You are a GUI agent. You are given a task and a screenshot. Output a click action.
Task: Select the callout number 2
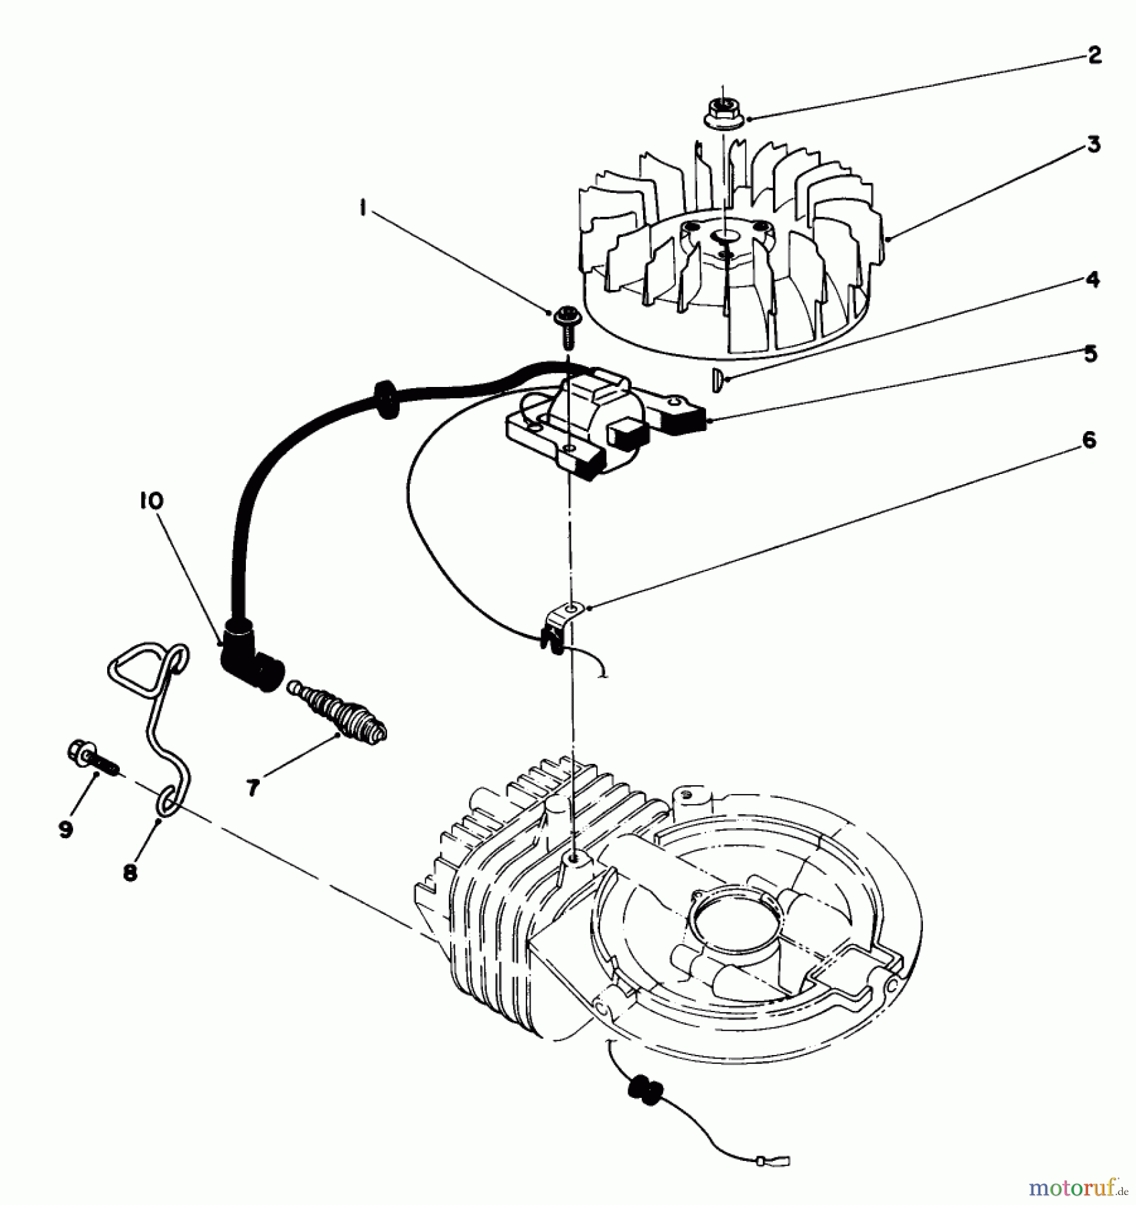coord(1094,55)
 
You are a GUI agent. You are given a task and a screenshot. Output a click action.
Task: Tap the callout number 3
coord(1092,143)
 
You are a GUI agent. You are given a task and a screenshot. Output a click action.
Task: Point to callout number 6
coord(1089,440)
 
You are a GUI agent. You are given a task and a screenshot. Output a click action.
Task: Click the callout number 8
coord(130,872)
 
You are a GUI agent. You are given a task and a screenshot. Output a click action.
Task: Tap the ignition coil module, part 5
coord(589,422)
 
